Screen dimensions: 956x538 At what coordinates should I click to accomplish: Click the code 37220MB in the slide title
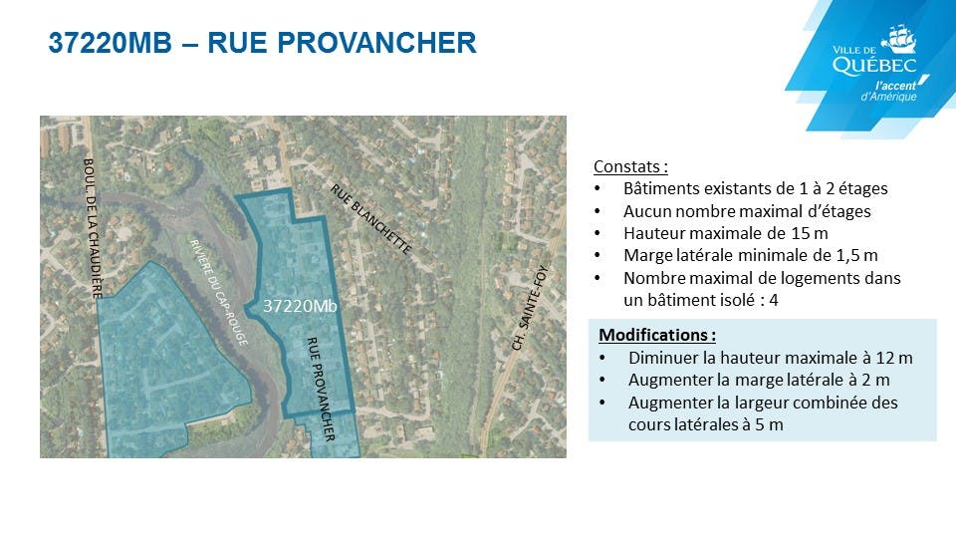(x=111, y=43)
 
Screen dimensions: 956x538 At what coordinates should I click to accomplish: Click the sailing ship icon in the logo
(x=898, y=39)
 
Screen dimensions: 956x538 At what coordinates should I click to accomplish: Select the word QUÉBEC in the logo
(x=874, y=66)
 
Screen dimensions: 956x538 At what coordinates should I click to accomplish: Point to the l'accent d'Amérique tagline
(x=890, y=92)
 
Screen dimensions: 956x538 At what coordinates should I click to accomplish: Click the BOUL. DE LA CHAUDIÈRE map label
(x=92, y=229)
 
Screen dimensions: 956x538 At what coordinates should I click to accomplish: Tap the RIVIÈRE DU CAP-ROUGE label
(x=219, y=293)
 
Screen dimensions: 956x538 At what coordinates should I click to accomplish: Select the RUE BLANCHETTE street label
(x=371, y=219)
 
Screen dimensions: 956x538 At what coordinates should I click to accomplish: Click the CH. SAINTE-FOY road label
(x=530, y=308)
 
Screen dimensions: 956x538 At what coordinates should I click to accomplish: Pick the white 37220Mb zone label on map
(x=300, y=306)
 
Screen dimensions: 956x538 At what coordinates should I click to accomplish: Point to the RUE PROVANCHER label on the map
(x=321, y=389)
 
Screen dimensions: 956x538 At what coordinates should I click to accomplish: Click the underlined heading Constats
(x=630, y=166)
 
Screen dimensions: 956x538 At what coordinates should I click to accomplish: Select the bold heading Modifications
(x=656, y=335)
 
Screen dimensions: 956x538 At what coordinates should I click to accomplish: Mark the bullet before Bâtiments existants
(x=597, y=189)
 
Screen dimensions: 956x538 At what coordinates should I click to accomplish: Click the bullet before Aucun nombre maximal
(x=597, y=211)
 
